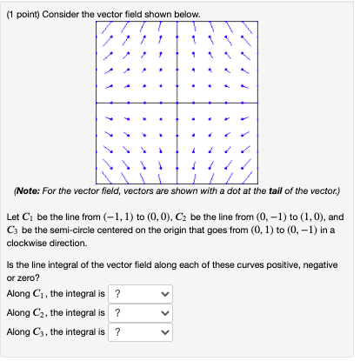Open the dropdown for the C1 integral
(x=139, y=294)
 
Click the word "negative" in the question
(x=304, y=262)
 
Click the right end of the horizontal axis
(x=260, y=102)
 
